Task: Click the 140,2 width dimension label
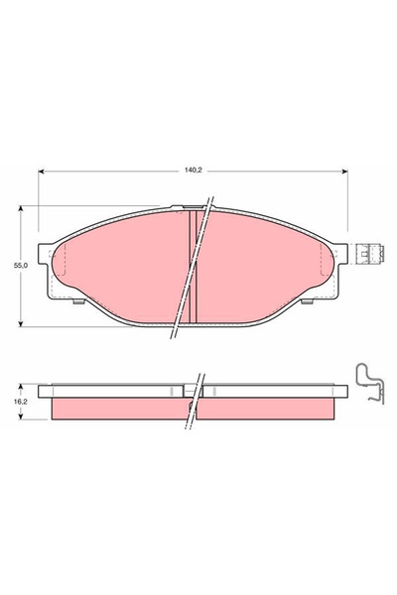pyautogui.click(x=193, y=171)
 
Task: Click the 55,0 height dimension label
pyautogui.click(x=21, y=266)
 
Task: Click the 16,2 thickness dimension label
pyautogui.click(x=21, y=403)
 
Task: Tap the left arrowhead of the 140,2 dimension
pyautogui.click(x=41, y=172)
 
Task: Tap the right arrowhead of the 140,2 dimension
pyautogui.click(x=344, y=172)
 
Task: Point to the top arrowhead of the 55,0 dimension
pyautogui.click(x=21, y=208)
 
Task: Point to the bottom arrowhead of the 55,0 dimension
pyautogui.click(x=21, y=323)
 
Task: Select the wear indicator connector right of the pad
pyautogui.click(x=369, y=254)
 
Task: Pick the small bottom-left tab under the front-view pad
pyautogui.click(x=78, y=301)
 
